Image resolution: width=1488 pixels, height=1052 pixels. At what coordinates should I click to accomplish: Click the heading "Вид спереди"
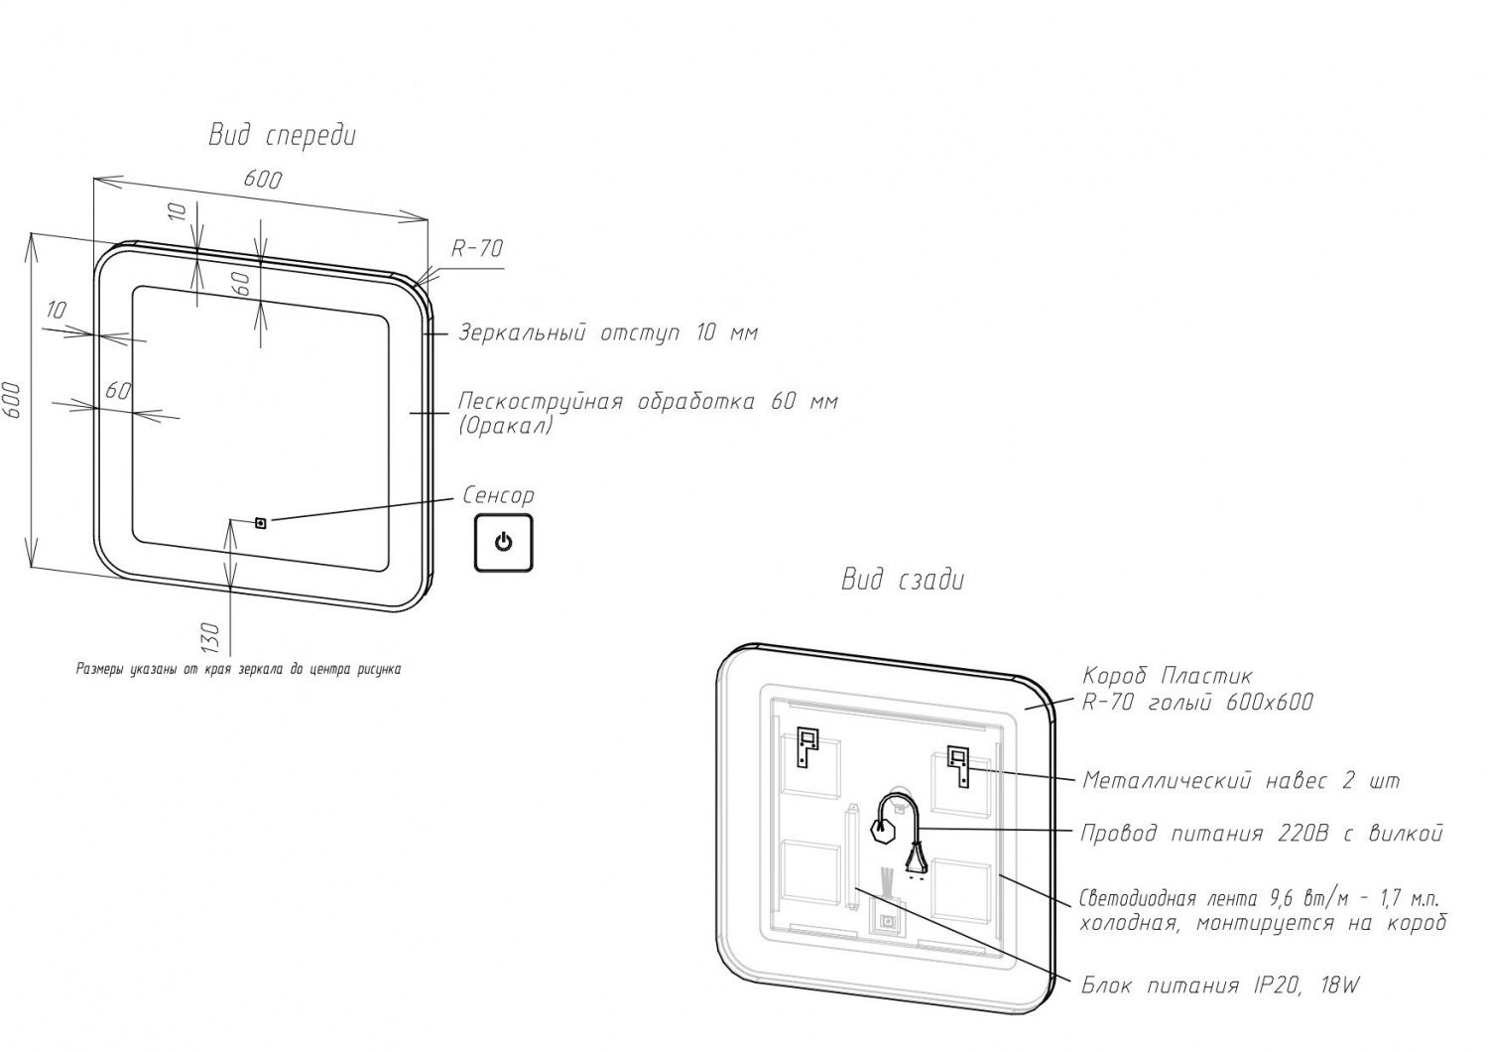pos(282,136)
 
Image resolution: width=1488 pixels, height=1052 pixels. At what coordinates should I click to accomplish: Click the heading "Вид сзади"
pos(902,580)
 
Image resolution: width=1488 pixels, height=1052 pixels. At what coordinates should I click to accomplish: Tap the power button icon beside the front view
pos(503,543)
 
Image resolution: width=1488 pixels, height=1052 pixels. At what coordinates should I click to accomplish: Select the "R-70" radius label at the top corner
pos(477,249)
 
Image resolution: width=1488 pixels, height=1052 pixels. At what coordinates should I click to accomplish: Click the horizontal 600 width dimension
pos(262,180)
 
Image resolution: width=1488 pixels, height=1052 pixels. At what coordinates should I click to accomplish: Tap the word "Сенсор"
pos(498,495)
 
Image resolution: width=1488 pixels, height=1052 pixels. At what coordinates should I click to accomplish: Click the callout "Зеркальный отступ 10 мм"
pos(607,332)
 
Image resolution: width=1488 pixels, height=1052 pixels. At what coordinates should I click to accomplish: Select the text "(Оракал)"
pos(506,426)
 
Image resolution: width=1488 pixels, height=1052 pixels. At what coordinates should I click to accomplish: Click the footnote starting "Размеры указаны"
pos(238,669)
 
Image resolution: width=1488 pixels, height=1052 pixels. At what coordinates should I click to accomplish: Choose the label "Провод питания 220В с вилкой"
pos(1261,833)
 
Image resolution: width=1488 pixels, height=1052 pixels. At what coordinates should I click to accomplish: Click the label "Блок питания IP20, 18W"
pos(1220,986)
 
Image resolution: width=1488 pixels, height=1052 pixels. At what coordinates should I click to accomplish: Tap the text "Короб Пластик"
pos(1167,677)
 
